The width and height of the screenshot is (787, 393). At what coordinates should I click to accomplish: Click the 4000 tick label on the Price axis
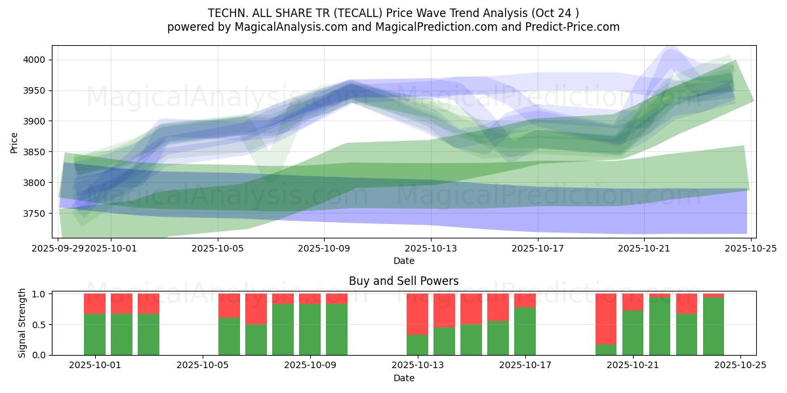point(36,60)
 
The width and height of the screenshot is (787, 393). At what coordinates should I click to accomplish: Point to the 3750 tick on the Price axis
point(36,214)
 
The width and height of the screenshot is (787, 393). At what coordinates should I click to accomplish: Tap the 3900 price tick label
point(36,121)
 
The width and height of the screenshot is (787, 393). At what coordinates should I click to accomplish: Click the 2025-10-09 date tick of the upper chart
point(324,248)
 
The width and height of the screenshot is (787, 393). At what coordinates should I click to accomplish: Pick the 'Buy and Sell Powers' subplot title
point(404,281)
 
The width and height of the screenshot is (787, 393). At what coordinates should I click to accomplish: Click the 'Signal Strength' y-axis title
point(22,323)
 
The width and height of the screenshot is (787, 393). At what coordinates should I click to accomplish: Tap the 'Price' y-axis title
point(14,141)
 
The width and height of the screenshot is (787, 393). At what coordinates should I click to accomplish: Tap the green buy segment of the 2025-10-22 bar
point(660,326)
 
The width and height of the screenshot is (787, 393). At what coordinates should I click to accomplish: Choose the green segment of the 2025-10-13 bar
point(418,345)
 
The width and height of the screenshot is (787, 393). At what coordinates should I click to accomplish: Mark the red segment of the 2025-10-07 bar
point(256,309)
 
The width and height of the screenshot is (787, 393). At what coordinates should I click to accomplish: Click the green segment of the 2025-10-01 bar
point(95,334)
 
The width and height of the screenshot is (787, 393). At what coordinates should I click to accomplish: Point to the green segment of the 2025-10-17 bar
point(525,331)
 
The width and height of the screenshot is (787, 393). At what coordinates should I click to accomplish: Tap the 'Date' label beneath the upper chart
point(404,261)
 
